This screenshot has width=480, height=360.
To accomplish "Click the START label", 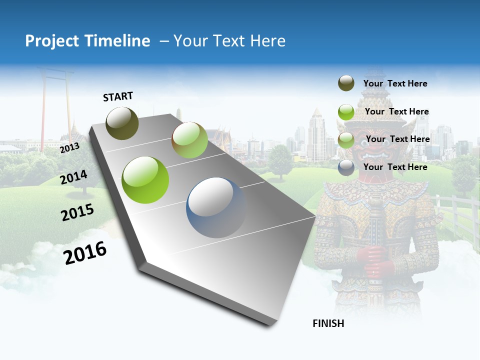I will click(x=118, y=96).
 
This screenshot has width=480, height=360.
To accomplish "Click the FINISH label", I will click(x=328, y=323).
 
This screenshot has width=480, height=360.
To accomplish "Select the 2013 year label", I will click(x=69, y=148).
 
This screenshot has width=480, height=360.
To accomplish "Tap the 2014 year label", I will click(x=74, y=177).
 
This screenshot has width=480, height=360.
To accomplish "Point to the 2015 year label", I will click(x=77, y=213).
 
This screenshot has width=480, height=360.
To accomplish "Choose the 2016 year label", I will click(x=85, y=253).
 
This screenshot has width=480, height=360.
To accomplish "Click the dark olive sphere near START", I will click(x=122, y=123).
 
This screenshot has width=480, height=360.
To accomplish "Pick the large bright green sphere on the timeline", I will click(x=145, y=180).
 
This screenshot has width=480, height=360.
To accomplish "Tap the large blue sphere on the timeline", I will click(x=216, y=207).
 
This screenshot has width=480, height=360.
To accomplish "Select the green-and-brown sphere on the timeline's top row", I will click(x=189, y=140).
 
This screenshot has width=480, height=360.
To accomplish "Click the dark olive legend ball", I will click(x=346, y=83).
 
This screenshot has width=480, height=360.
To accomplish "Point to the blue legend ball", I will click(x=346, y=167).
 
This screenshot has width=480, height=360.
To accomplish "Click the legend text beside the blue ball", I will click(x=395, y=167).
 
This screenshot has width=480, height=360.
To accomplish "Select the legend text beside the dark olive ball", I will click(x=395, y=83).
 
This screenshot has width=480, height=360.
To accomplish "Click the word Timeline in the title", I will click(x=118, y=41).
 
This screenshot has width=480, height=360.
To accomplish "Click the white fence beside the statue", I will click(x=457, y=215).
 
